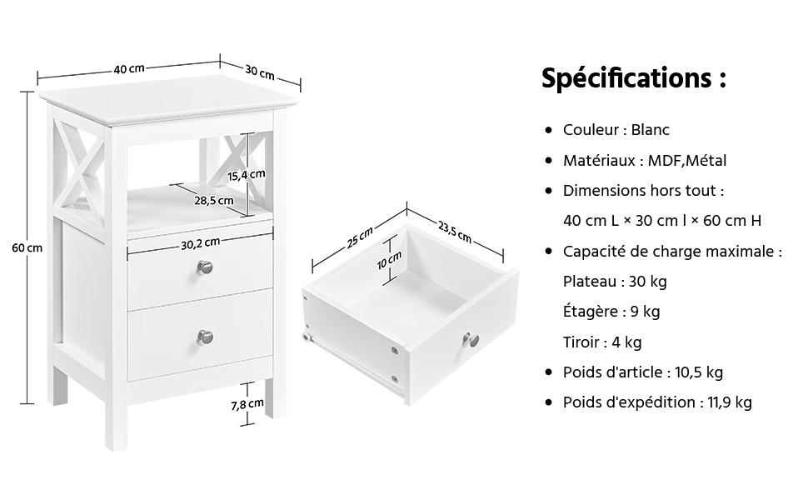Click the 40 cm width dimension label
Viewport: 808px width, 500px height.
129,68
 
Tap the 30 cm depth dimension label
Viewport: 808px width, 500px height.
260,72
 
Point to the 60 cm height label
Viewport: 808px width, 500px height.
27,248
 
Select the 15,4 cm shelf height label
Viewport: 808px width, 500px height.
247,175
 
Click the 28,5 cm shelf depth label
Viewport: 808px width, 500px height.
214,201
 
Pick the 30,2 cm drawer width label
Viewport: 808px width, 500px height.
201,244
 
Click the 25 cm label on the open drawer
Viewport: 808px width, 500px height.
359,237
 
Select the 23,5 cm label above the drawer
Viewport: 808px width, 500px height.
455,232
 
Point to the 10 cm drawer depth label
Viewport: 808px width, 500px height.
389,260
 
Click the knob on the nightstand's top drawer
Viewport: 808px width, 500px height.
205,267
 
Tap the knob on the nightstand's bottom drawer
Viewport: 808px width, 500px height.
205,337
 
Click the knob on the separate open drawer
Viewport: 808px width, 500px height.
471,339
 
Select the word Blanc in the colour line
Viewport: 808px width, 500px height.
651,130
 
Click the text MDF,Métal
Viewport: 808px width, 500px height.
687,161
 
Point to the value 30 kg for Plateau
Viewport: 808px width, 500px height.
648,282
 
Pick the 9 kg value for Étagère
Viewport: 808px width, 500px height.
646,312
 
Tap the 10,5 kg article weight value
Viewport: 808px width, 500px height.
699,372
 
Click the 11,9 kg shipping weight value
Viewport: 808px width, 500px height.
730,402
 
